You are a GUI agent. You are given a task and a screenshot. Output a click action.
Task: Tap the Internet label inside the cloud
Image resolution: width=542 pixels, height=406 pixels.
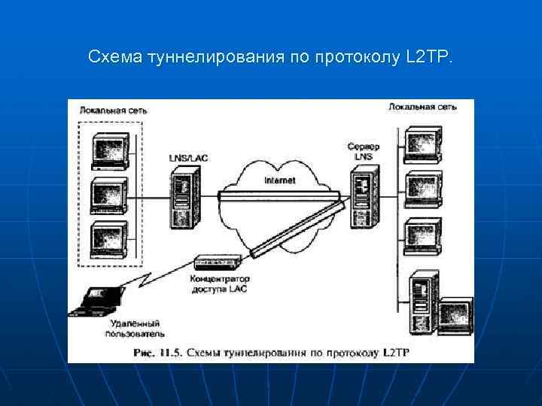(x=280, y=180)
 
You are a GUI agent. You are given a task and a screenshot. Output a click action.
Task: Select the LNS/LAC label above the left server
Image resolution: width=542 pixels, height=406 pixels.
(x=187, y=158)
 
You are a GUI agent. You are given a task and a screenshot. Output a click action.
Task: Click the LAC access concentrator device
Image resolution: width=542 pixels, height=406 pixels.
(x=218, y=262)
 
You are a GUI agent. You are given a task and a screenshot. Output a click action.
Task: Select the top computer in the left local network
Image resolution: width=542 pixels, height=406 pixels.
(x=110, y=150)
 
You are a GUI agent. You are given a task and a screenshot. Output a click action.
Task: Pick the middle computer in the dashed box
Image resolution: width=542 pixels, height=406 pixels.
(x=110, y=195)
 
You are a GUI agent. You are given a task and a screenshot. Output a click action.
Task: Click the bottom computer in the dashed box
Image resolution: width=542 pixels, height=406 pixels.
(x=110, y=240)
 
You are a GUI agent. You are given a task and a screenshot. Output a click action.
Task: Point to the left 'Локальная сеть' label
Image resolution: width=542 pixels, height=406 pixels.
(x=114, y=111)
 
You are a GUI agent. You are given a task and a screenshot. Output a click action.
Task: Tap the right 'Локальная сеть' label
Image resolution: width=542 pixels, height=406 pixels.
(x=422, y=108)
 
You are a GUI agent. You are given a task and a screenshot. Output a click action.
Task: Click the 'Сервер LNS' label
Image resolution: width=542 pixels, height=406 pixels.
(x=364, y=150)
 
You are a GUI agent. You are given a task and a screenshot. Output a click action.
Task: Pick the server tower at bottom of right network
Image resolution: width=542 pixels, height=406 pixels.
(x=422, y=305)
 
